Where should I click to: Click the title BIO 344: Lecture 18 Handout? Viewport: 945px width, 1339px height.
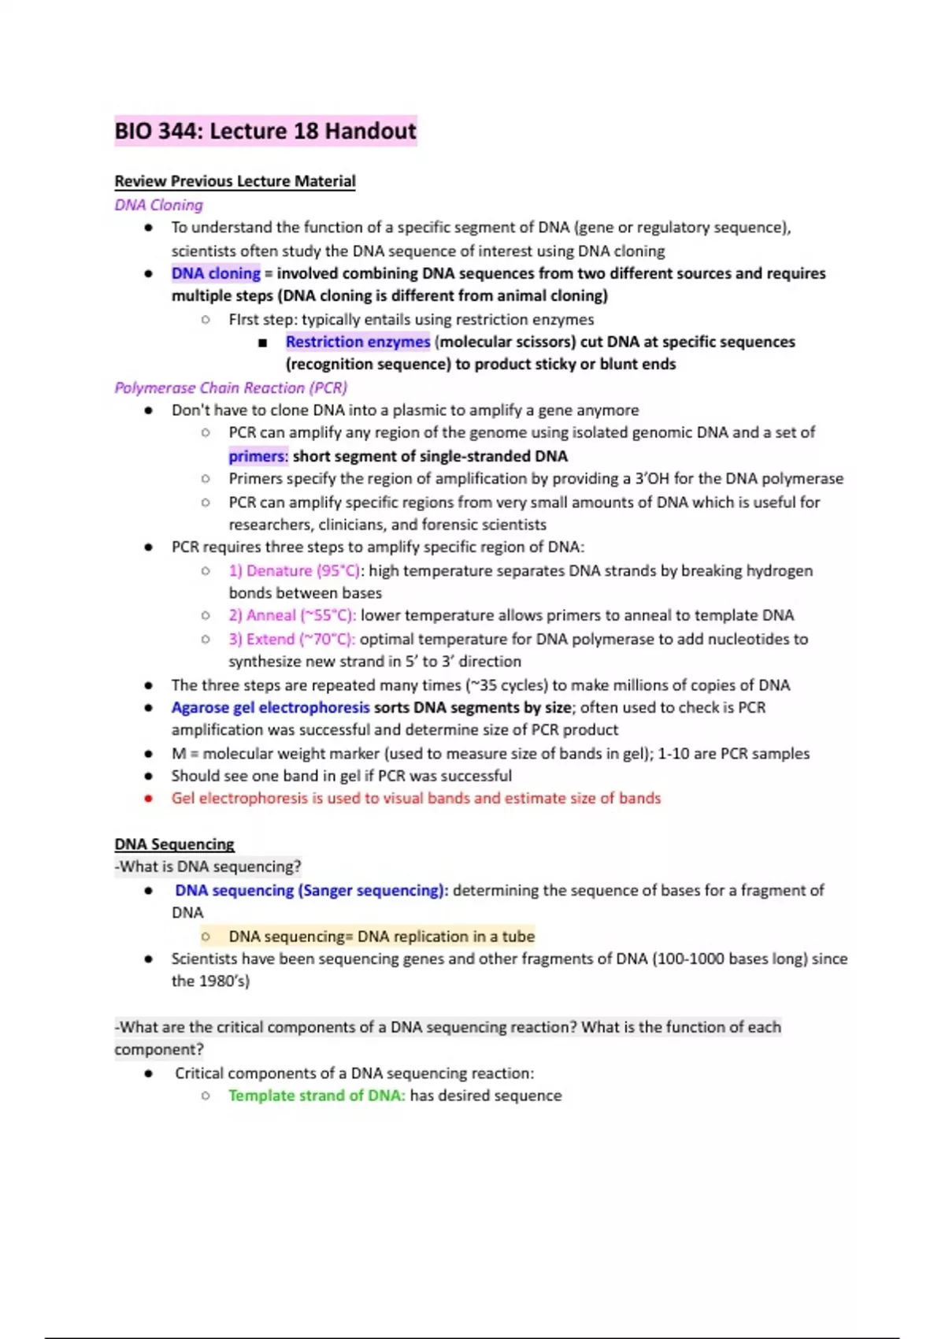pos(265,131)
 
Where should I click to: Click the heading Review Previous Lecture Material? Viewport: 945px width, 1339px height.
pos(235,181)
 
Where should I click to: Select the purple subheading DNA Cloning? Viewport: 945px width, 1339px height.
pos(158,205)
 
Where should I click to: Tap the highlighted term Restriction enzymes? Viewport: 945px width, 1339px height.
pos(358,342)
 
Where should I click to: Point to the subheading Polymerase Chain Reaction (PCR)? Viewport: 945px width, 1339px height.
pos(231,388)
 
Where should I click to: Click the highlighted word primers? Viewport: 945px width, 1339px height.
pos(258,456)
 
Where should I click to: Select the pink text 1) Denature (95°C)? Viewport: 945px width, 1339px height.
pos(295,570)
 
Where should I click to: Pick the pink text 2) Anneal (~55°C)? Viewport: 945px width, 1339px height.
pos(292,615)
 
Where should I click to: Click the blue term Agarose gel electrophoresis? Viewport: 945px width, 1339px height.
pos(270,707)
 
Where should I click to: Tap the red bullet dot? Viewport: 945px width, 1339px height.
pos(148,799)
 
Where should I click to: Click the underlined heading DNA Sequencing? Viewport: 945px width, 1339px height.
pos(174,844)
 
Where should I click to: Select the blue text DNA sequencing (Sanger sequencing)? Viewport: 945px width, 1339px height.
pos(311,890)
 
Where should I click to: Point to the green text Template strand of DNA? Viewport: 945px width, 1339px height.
pos(317,1096)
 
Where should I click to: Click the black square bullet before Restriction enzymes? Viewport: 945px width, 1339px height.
pos(263,343)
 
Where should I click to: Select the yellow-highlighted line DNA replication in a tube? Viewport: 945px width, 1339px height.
pos(446,937)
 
